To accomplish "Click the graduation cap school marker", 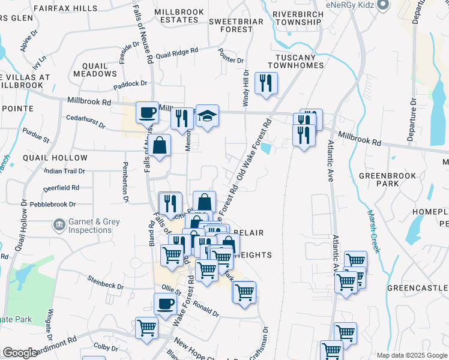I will click(x=207, y=115).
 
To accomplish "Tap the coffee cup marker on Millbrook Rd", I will click(x=147, y=112).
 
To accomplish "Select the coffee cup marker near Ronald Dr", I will click(x=165, y=304).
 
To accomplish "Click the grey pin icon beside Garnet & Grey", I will click(x=59, y=226).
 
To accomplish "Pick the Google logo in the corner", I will click(x=20, y=353).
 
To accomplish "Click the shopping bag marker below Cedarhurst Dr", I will click(x=160, y=146).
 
